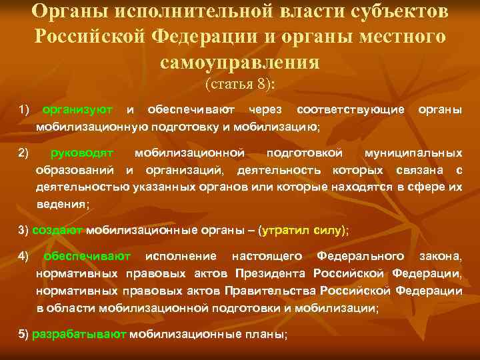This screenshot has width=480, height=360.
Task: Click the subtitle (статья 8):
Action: (240, 84)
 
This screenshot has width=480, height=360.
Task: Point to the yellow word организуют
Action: (77, 109)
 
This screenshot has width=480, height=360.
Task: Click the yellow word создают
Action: (57, 231)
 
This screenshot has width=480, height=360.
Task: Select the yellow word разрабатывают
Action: (79, 335)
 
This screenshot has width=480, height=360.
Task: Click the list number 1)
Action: (24, 109)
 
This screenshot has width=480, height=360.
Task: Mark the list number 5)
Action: (23, 335)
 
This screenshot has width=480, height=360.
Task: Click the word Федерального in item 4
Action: (360, 256)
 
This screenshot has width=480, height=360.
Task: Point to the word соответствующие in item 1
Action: (350, 109)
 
